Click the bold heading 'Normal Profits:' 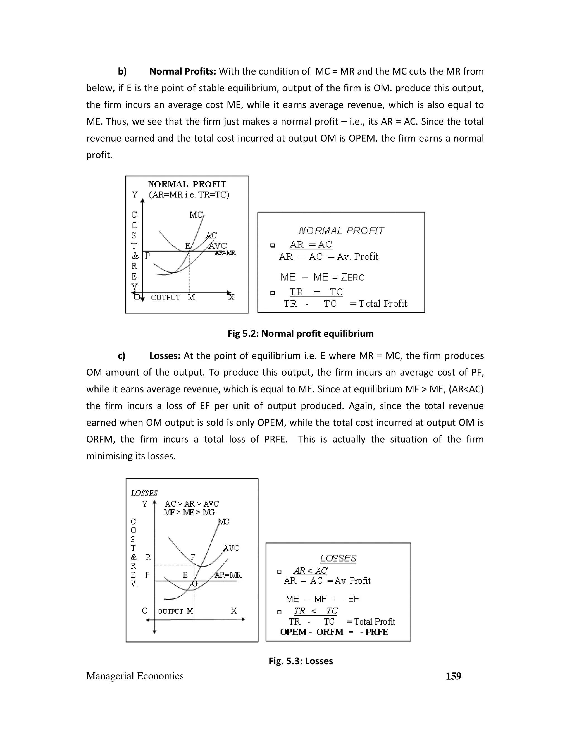point(182,71)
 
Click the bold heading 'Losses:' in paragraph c point(165,356)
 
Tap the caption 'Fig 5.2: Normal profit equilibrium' point(301,334)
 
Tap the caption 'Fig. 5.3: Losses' point(301,661)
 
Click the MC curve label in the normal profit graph point(196,215)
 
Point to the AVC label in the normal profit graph point(218,246)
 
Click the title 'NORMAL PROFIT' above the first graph point(187,184)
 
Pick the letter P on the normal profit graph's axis point(147,256)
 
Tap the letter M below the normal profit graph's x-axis point(191,297)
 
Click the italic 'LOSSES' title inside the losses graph point(144,493)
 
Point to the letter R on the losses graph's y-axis point(148,557)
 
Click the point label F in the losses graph point(193,557)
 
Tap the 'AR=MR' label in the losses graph point(228,575)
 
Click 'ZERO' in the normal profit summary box point(353,278)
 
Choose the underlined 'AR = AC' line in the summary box point(311,244)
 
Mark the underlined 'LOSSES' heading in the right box point(338,558)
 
